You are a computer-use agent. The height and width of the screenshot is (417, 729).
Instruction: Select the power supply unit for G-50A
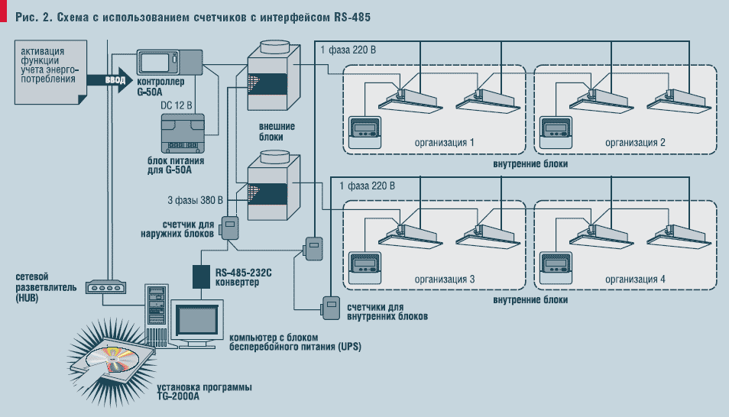(x=183, y=135)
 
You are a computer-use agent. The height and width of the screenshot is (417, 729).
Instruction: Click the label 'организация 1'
(x=444, y=143)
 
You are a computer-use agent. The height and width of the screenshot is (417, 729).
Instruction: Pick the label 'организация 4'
(x=635, y=280)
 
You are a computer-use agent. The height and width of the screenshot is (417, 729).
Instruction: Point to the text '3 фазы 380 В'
(x=195, y=202)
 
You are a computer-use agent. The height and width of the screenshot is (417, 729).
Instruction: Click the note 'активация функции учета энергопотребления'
(x=44, y=65)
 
